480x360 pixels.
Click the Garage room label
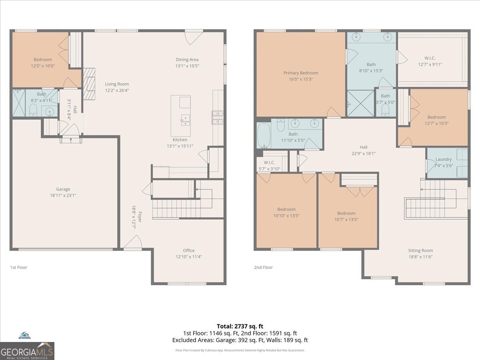(x=63, y=189)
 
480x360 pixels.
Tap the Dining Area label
(x=187, y=60)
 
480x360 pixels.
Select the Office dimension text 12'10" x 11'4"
(x=189, y=257)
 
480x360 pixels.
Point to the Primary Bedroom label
(x=301, y=73)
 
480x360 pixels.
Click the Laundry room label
(x=444, y=159)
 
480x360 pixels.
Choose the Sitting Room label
(x=420, y=251)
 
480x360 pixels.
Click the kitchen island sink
(x=185, y=118)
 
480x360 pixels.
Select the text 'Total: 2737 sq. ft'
(x=240, y=326)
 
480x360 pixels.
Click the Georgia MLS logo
(x=27, y=351)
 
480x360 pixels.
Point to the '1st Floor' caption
(x=19, y=267)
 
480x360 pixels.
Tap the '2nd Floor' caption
(x=263, y=267)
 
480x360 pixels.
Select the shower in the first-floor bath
(x=19, y=103)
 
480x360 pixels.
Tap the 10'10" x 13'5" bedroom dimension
(x=286, y=216)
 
